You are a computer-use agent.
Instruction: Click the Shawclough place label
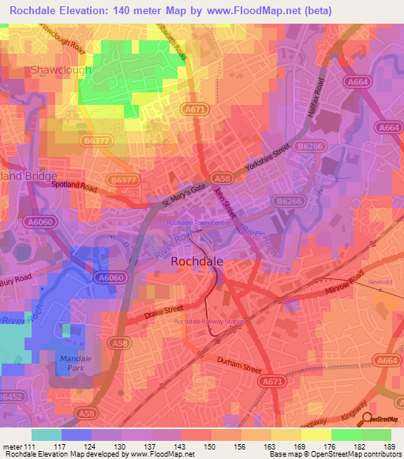coord(61,70)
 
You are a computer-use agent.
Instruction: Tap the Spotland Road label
coord(73,186)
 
